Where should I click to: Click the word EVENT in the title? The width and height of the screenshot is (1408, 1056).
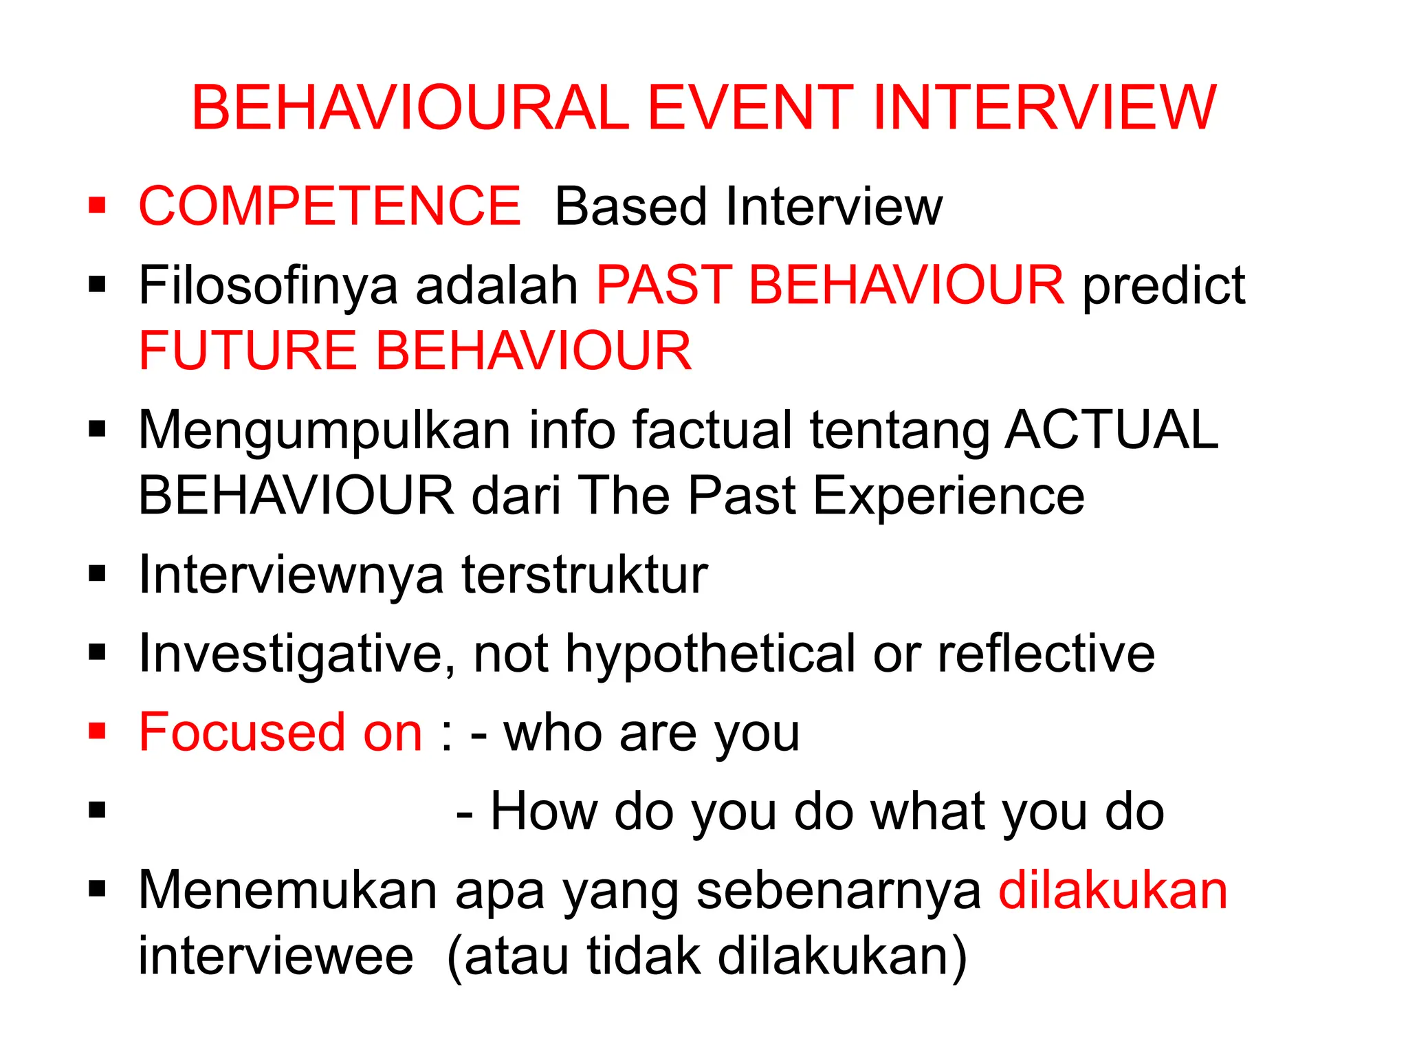coord(749,108)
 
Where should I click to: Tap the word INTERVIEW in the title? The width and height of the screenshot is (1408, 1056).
coord(1044,108)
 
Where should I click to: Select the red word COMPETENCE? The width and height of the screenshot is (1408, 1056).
coord(329,206)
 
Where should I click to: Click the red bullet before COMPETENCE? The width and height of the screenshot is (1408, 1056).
coord(97,206)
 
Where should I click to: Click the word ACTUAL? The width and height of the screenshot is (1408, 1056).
coord(1111,430)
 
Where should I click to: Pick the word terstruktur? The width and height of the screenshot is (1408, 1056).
coord(584,575)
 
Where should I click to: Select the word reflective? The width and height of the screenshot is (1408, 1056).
coord(1046,653)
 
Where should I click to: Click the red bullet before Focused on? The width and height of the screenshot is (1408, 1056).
coord(97,731)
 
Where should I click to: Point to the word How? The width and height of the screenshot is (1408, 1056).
coord(543,812)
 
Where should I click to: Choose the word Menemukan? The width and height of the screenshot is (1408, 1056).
coord(288,890)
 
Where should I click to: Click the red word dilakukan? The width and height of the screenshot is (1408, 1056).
coord(1112,890)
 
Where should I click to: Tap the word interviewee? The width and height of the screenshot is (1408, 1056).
coord(276,956)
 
